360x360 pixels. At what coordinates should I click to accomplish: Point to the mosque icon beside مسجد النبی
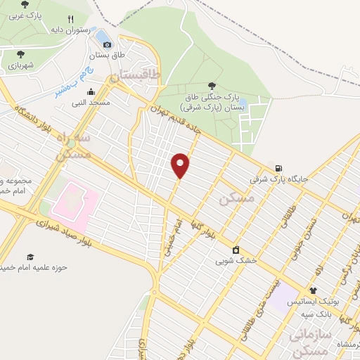click(x=91, y=91)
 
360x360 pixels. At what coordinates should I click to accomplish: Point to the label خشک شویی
click(x=234, y=260)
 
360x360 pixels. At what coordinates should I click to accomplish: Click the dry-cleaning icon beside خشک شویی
click(x=235, y=249)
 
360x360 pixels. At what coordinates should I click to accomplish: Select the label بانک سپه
click(x=323, y=310)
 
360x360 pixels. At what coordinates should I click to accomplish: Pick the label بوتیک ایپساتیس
click(x=330, y=300)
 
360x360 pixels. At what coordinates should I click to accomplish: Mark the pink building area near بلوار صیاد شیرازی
click(x=70, y=203)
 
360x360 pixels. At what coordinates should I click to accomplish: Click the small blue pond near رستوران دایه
click(x=103, y=35)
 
